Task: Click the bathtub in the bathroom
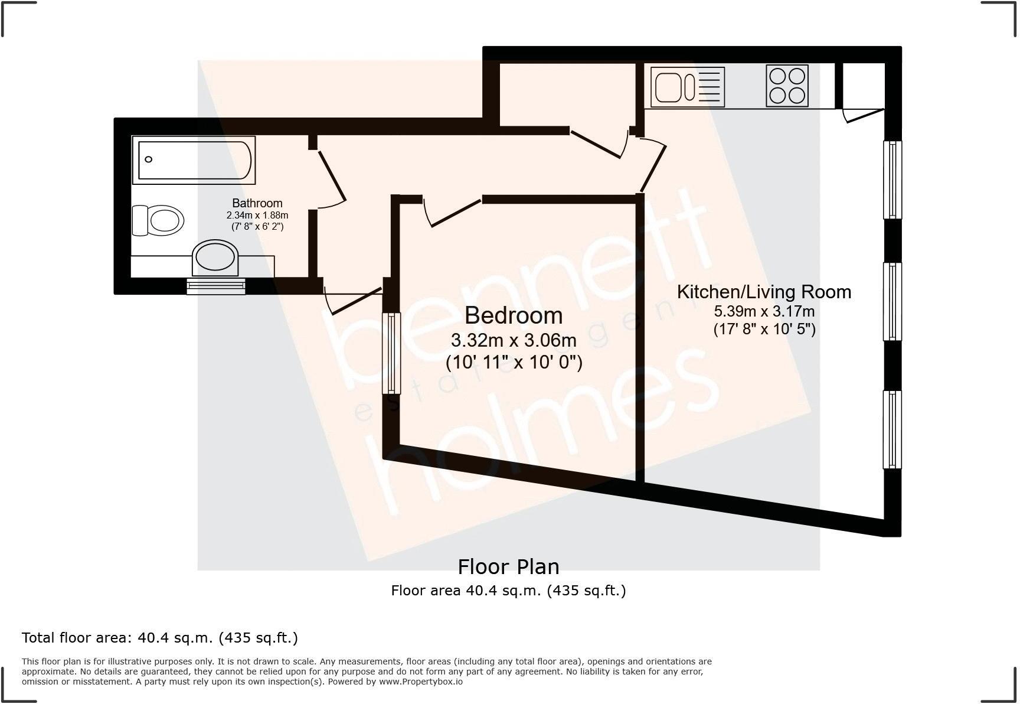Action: [x=194, y=159]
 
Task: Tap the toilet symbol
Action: [x=158, y=221]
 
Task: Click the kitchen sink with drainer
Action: [x=687, y=86]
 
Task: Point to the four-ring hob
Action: [x=787, y=86]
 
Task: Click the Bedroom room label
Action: [x=514, y=315]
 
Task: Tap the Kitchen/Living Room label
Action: [x=764, y=292]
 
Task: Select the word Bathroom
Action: [x=257, y=203]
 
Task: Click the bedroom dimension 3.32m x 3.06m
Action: [x=514, y=340]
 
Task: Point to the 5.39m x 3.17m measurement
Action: [x=764, y=311]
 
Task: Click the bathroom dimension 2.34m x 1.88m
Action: [x=257, y=216]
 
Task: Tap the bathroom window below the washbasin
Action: [x=216, y=286]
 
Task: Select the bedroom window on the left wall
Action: [x=391, y=353]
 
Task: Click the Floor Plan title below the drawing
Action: [x=508, y=567]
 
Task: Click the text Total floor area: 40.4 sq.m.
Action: [x=159, y=638]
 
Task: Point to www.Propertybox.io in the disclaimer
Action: [x=420, y=682]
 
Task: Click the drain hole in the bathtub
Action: [x=149, y=159]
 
